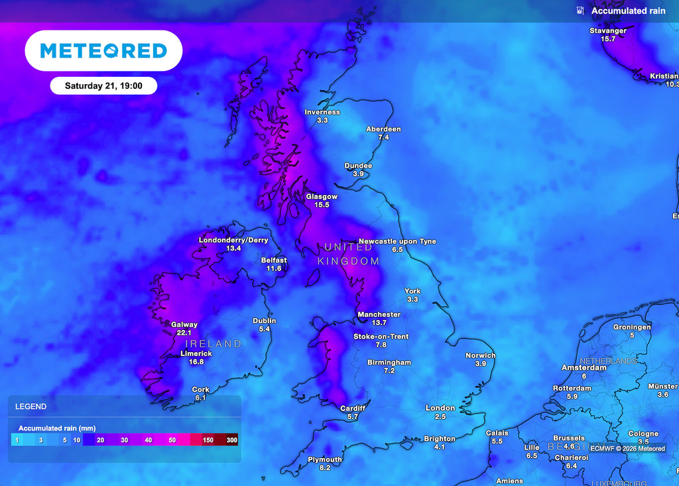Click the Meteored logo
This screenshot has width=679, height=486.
[103, 50]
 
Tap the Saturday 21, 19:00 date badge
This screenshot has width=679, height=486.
[103, 86]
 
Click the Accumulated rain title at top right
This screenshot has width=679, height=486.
[627, 11]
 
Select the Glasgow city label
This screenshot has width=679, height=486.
[322, 197]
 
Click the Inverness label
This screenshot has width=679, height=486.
[322, 112]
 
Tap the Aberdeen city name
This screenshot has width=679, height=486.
[384, 129]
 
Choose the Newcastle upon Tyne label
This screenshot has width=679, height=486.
[397, 241]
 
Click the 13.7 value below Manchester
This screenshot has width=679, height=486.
[379, 323]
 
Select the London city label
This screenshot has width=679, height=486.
[440, 408]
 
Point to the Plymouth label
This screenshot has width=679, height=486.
[325, 459]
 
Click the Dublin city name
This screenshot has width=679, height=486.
[265, 321]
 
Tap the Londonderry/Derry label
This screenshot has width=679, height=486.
[233, 240]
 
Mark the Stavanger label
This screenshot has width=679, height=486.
[608, 30]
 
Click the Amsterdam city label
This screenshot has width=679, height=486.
[584, 367]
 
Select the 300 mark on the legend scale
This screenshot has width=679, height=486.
[231, 440]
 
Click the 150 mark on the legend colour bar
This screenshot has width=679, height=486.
[208, 440]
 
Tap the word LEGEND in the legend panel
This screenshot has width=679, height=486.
[31, 406]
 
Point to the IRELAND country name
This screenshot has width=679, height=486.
[213, 343]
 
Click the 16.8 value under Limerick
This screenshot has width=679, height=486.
[196, 362]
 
